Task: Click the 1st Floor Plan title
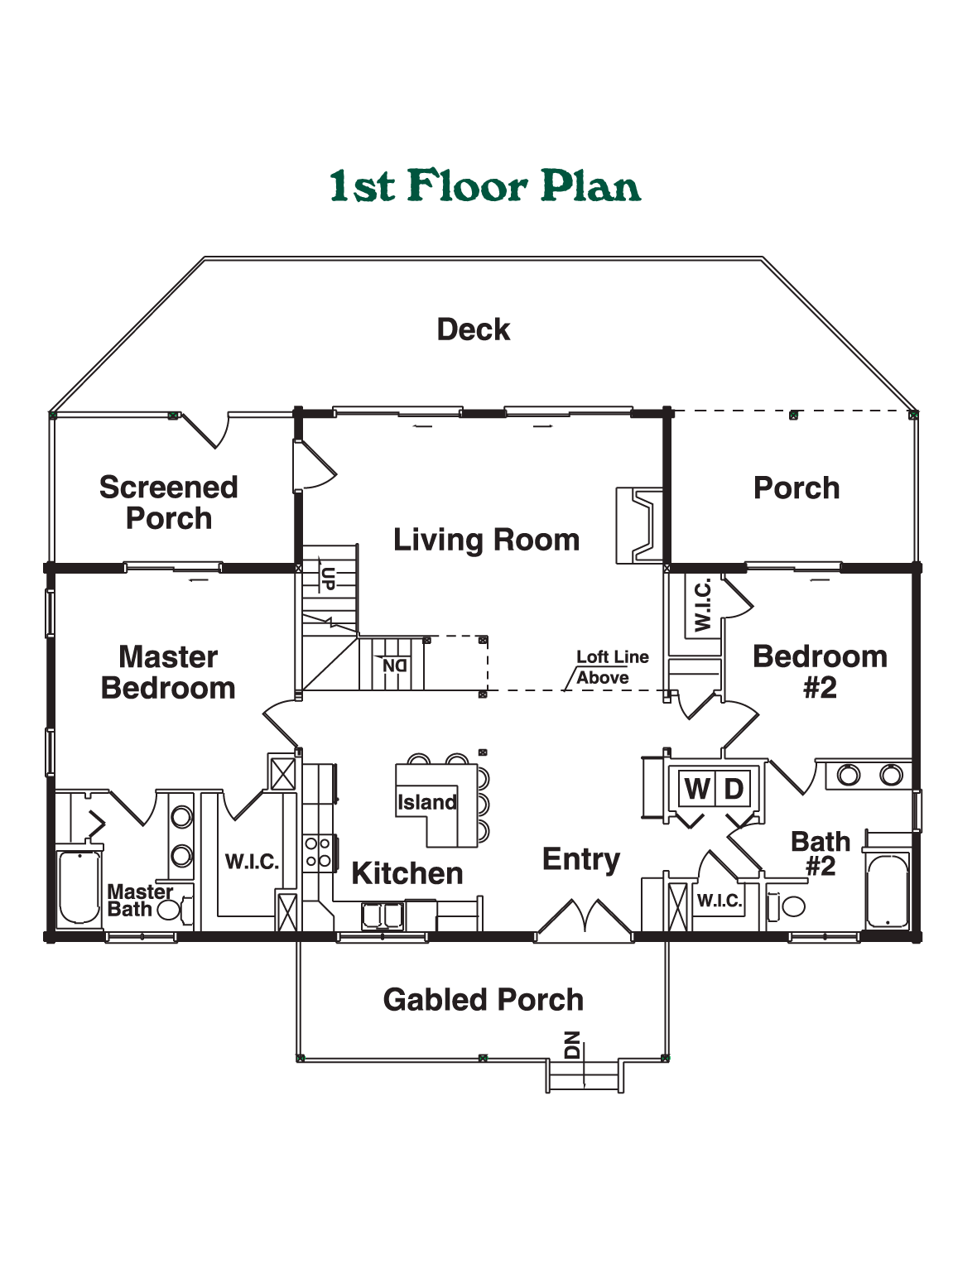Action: [484, 185]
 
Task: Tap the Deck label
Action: [474, 329]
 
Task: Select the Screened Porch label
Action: [168, 503]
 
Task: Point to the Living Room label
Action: [487, 540]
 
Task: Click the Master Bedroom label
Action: [168, 672]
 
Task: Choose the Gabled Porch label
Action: [483, 999]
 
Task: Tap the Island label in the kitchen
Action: [426, 802]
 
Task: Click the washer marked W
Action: [697, 789]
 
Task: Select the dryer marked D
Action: [733, 789]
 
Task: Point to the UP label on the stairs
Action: [329, 578]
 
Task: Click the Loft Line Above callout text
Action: [612, 667]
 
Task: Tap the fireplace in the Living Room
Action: [639, 525]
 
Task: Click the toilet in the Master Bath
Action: [176, 910]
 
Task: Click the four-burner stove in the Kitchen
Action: [317, 853]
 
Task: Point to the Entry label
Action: [581, 860]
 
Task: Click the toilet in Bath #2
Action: [787, 906]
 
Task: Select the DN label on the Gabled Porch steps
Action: [572, 1045]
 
